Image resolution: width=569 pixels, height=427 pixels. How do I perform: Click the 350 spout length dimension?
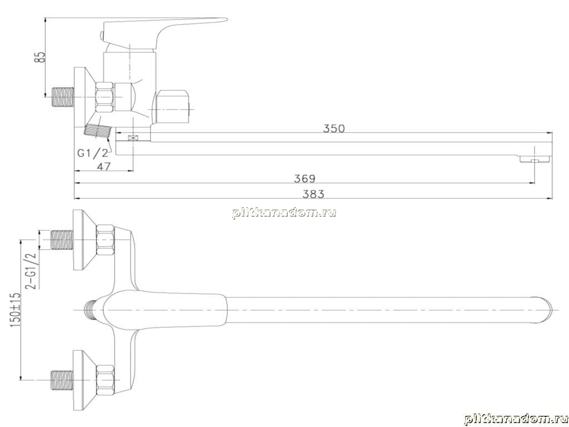(x=334, y=128)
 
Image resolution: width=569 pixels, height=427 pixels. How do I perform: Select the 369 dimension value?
(x=305, y=178)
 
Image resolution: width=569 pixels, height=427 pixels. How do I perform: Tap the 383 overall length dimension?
(x=313, y=194)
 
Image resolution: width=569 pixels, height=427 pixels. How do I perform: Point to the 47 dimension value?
(x=104, y=166)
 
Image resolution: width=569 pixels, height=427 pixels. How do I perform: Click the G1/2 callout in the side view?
(x=93, y=153)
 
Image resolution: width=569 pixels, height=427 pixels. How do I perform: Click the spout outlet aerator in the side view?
(x=535, y=159)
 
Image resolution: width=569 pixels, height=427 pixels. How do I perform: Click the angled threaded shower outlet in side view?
(x=97, y=131)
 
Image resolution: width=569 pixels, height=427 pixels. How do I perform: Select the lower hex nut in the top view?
(x=106, y=380)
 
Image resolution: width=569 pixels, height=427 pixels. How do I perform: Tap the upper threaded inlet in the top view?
(x=62, y=240)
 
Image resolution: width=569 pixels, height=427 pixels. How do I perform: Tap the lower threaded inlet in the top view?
(x=62, y=380)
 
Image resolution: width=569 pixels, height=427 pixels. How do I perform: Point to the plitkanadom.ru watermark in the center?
(x=284, y=213)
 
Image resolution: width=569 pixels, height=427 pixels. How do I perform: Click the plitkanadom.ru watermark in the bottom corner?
(x=516, y=419)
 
